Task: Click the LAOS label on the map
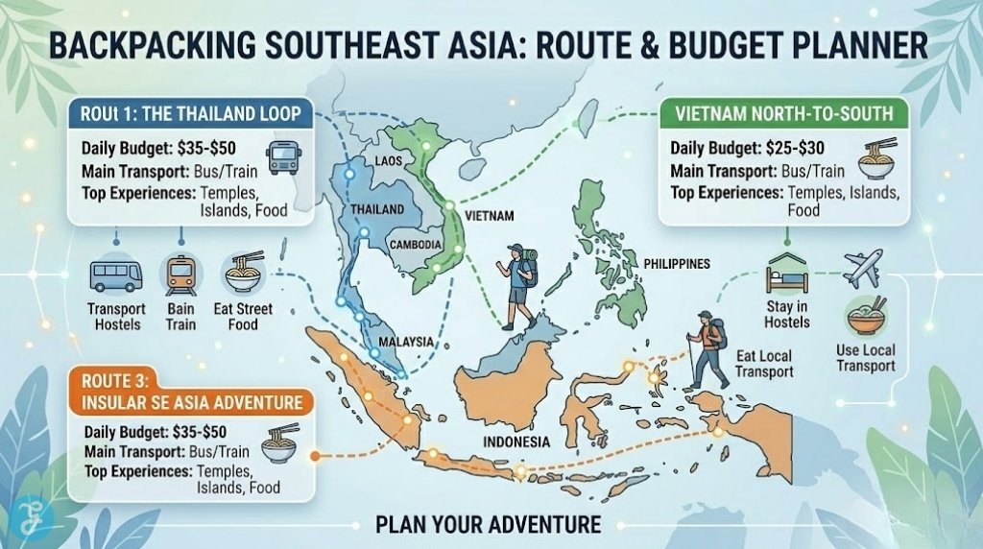click(389, 160)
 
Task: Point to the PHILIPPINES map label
click(677, 262)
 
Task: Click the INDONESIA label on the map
click(517, 442)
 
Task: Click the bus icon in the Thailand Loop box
click(284, 156)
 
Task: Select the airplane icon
click(863, 268)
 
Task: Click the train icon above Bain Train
click(180, 274)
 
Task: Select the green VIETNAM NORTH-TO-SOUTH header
click(784, 113)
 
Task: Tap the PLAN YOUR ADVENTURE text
click(489, 524)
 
